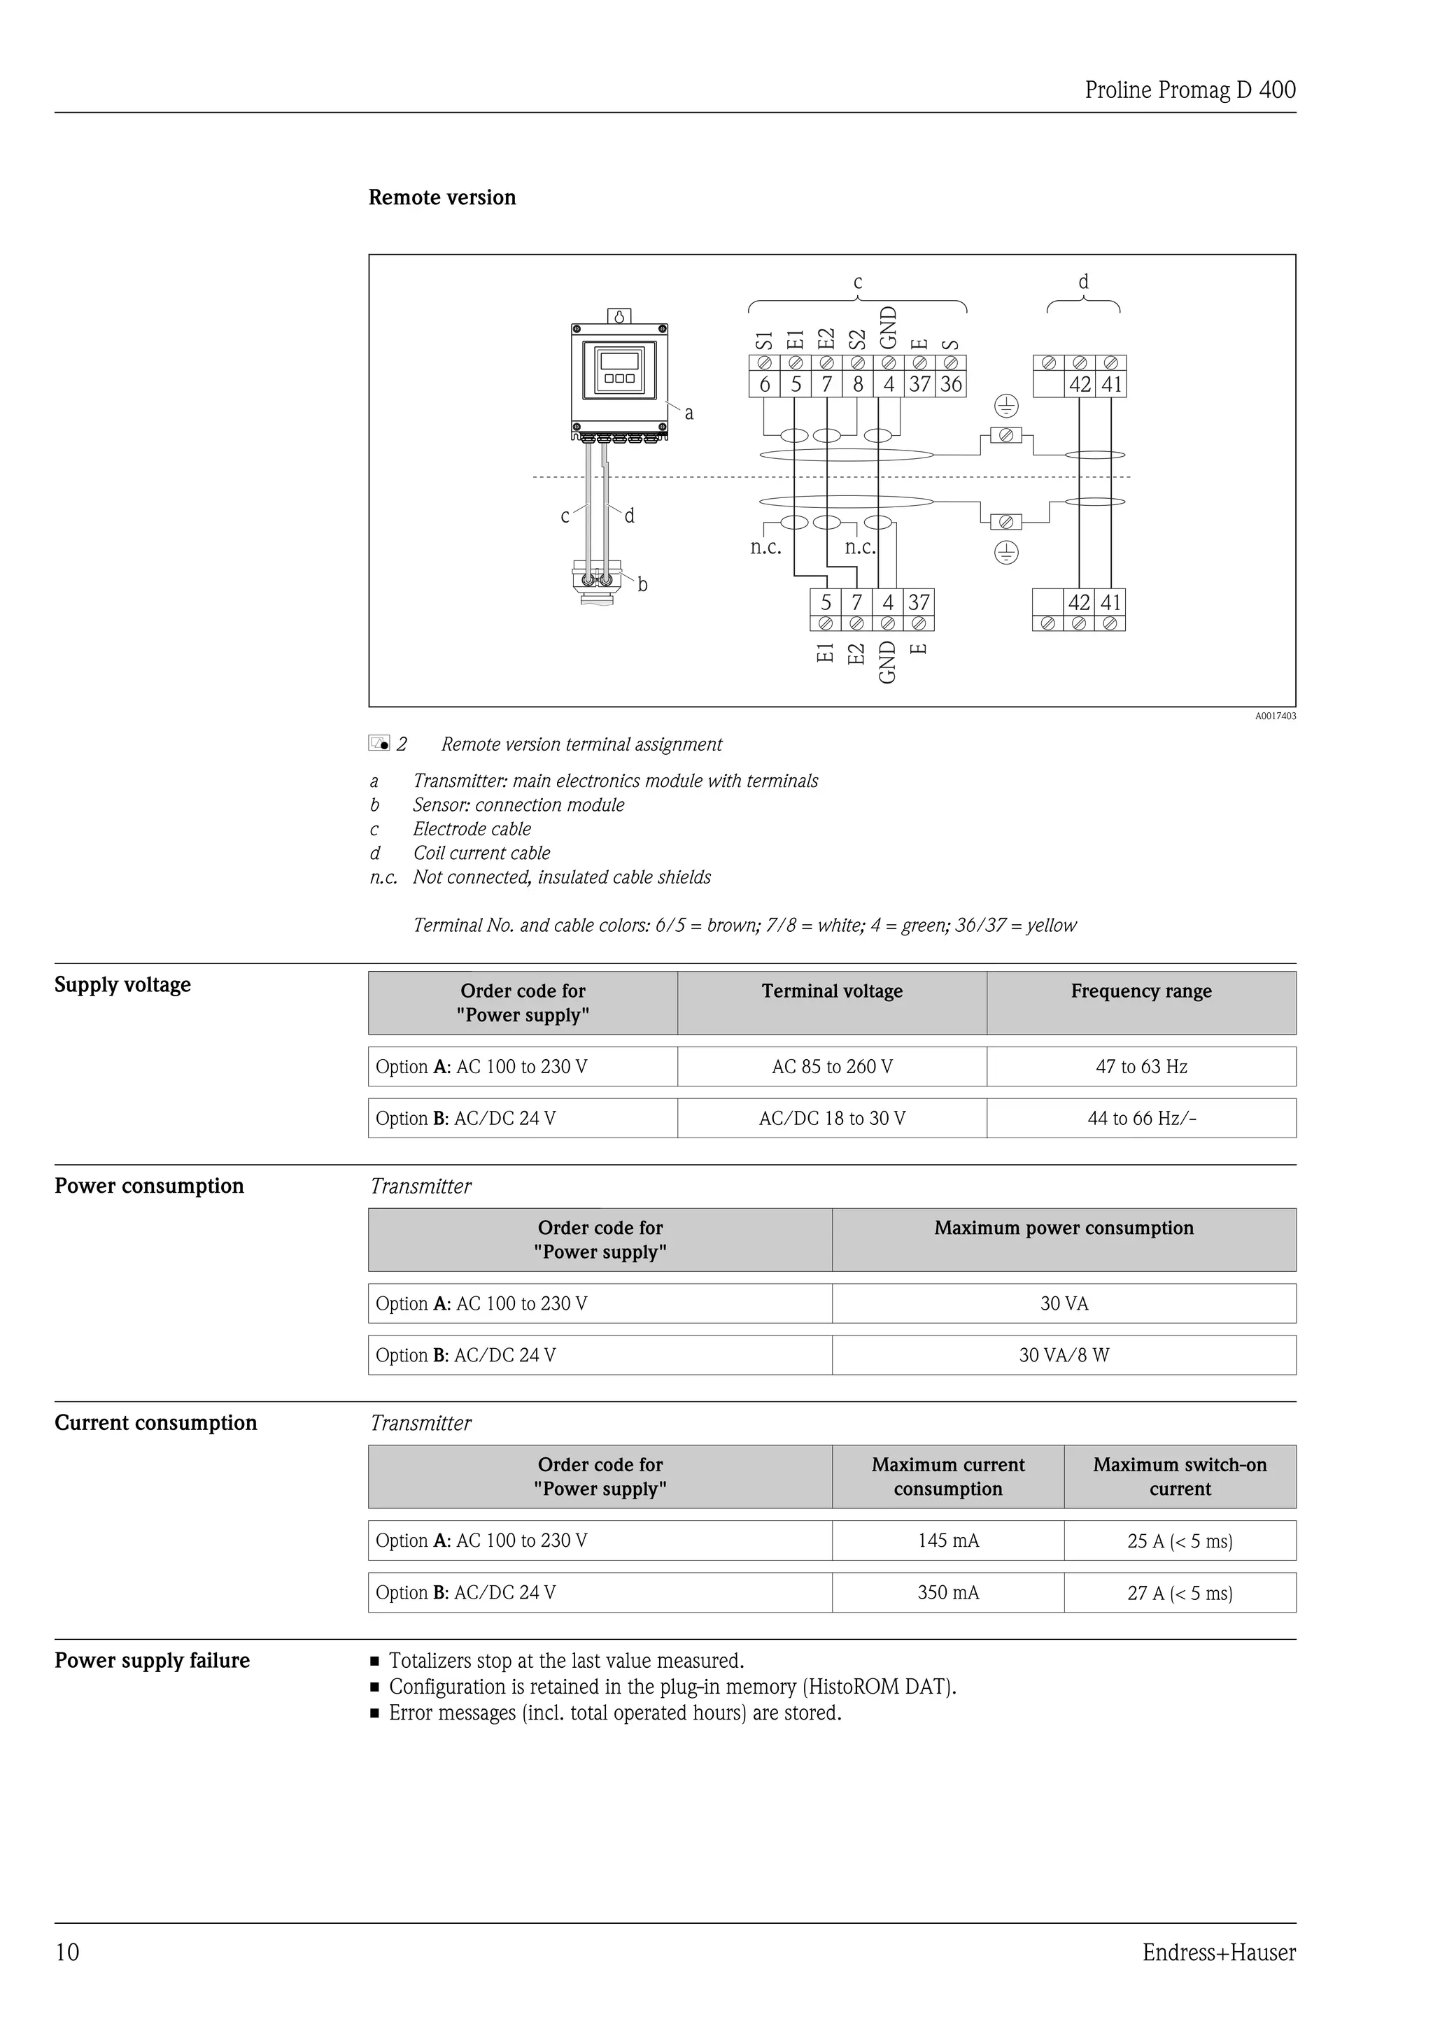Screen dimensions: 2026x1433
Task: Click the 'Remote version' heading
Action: (x=442, y=198)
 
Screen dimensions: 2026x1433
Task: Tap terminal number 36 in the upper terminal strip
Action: (x=950, y=384)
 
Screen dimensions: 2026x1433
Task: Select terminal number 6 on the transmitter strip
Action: (x=764, y=384)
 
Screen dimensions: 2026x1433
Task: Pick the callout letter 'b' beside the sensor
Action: (x=642, y=584)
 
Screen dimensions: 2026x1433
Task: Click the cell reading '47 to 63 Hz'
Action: (x=1141, y=1067)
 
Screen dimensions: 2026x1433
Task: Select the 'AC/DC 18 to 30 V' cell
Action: (x=832, y=1119)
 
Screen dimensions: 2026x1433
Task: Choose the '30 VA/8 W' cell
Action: (x=1064, y=1355)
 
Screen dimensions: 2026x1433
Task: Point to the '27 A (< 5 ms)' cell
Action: (x=1180, y=1593)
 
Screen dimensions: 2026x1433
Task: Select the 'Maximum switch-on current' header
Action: (x=1180, y=1476)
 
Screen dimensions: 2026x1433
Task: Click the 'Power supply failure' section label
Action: (x=152, y=1661)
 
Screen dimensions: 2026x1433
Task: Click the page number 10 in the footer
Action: (x=67, y=1952)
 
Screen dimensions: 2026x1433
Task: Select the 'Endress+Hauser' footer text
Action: (x=1219, y=1952)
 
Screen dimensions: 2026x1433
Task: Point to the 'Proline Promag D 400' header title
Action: (x=1190, y=90)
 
